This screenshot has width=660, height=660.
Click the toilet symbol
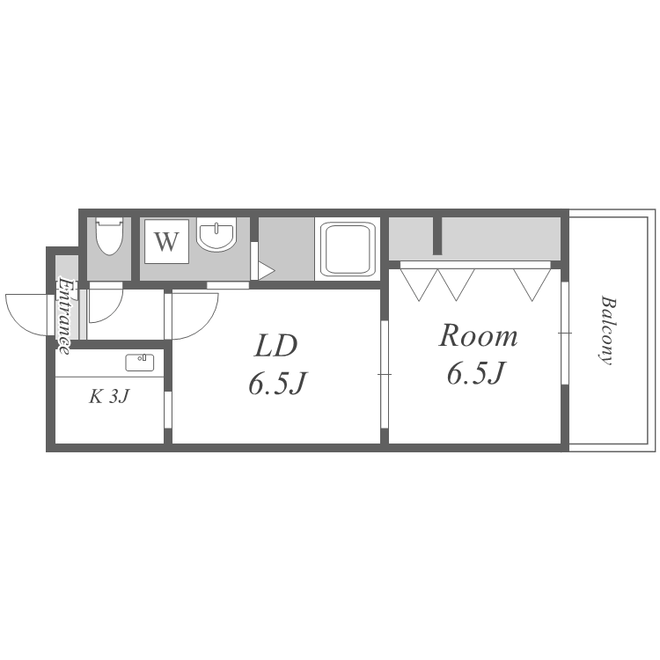pos(110,235)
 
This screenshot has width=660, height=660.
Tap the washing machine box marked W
pos(167,241)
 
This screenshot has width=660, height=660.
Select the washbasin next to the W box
pos(216,236)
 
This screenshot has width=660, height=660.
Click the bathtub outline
pos(348,249)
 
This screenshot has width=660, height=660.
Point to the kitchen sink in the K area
pos(139,362)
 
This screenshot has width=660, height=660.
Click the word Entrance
pos(65,314)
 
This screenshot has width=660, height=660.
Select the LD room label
pos(275,345)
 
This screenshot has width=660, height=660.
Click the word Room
pos(478,335)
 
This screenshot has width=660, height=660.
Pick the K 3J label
pos(109,397)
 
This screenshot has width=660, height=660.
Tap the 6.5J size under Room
pos(475,374)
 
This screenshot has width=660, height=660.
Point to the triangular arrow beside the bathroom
pos(265,272)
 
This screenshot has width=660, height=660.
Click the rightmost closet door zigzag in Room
pos(532,283)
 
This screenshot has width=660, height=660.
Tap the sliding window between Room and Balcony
pos(565,333)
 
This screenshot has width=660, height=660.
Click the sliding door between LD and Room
pos(385,375)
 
